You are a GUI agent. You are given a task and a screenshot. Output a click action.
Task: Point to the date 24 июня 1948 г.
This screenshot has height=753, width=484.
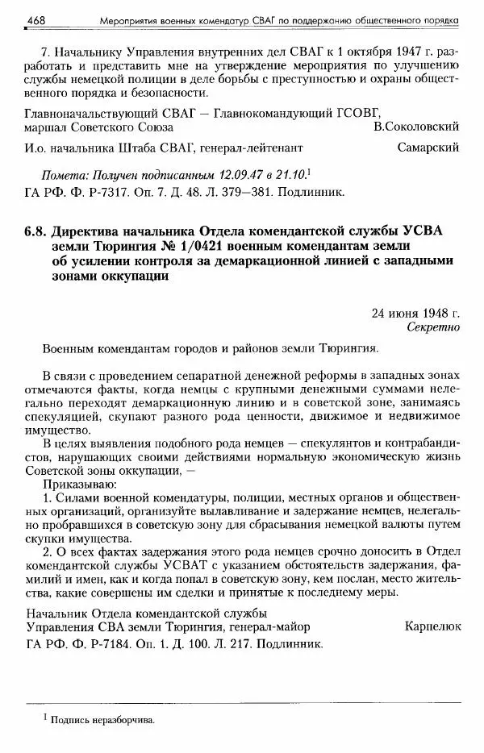[416, 313]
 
